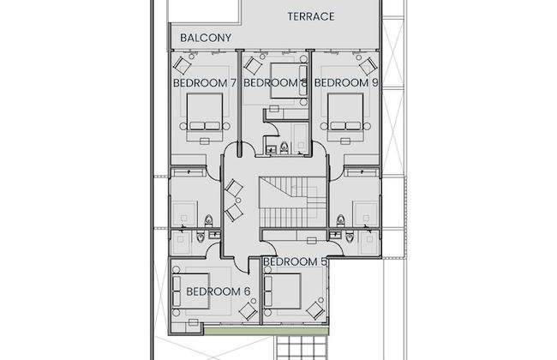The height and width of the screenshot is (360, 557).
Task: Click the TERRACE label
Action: (x=311, y=16)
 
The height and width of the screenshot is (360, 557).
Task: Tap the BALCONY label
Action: (x=206, y=38)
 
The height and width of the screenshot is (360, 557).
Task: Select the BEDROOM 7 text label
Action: (x=205, y=83)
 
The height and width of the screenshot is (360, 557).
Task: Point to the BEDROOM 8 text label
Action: (x=275, y=83)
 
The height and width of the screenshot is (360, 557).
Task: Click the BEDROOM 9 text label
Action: (x=346, y=83)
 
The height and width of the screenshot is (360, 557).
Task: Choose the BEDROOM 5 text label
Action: (x=295, y=262)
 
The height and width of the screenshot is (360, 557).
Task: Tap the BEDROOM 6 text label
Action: (x=219, y=291)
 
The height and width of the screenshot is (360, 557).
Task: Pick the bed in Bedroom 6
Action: (x=190, y=291)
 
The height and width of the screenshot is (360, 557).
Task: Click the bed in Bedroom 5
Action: (x=283, y=291)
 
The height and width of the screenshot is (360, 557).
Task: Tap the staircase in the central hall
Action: (x=292, y=201)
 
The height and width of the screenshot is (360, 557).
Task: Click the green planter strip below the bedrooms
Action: (x=266, y=331)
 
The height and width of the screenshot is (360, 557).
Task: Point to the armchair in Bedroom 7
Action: (x=183, y=64)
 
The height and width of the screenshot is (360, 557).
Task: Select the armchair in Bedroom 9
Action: (x=368, y=66)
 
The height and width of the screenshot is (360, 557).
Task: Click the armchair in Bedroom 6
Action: (x=248, y=312)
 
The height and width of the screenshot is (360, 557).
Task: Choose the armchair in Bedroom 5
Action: (x=315, y=310)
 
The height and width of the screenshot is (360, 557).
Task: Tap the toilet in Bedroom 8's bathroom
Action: (x=284, y=147)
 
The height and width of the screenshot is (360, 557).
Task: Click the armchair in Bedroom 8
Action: (x=254, y=66)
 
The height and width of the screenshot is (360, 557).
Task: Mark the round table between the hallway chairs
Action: (x=238, y=201)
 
